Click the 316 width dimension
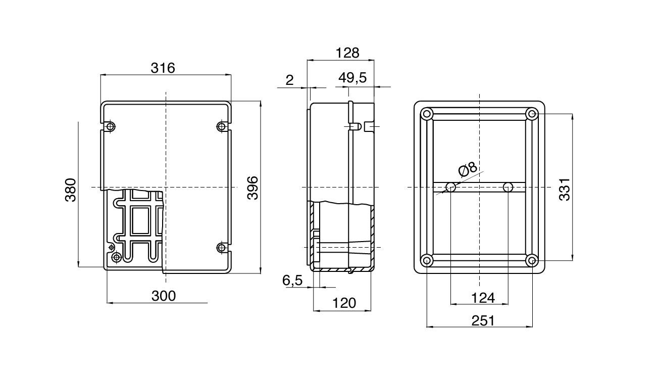tap(163, 68)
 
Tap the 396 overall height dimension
tap(252, 188)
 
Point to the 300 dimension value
tap(164, 296)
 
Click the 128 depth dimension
tap(347, 53)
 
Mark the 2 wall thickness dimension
tap(289, 80)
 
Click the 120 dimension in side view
tap(344, 303)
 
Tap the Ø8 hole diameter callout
tap(468, 169)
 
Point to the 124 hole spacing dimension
tap(482, 298)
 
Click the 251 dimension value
tap(482, 320)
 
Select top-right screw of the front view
tap(221, 126)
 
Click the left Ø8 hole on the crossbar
tap(451, 188)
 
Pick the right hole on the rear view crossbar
tap(509, 188)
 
